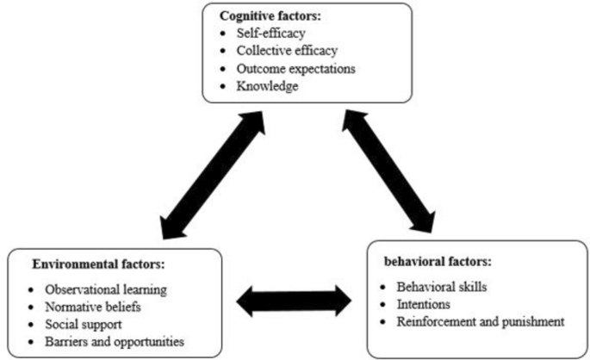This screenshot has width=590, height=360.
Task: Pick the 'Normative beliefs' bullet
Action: pyautogui.click(x=94, y=306)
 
